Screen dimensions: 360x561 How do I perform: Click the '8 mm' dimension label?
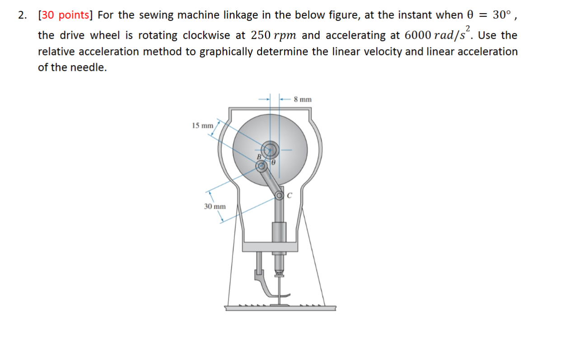(302, 99)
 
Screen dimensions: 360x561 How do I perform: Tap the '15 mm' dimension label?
(202, 125)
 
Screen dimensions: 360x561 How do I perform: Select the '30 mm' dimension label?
(215, 206)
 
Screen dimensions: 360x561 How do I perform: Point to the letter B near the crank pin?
(259, 156)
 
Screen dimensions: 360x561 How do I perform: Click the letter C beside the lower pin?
(290, 196)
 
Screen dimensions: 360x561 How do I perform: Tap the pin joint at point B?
(261, 166)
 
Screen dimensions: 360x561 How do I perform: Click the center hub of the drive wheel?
(271, 148)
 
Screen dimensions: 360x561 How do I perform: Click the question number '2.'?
(22, 15)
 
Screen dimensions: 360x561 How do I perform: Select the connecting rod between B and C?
(270, 181)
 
